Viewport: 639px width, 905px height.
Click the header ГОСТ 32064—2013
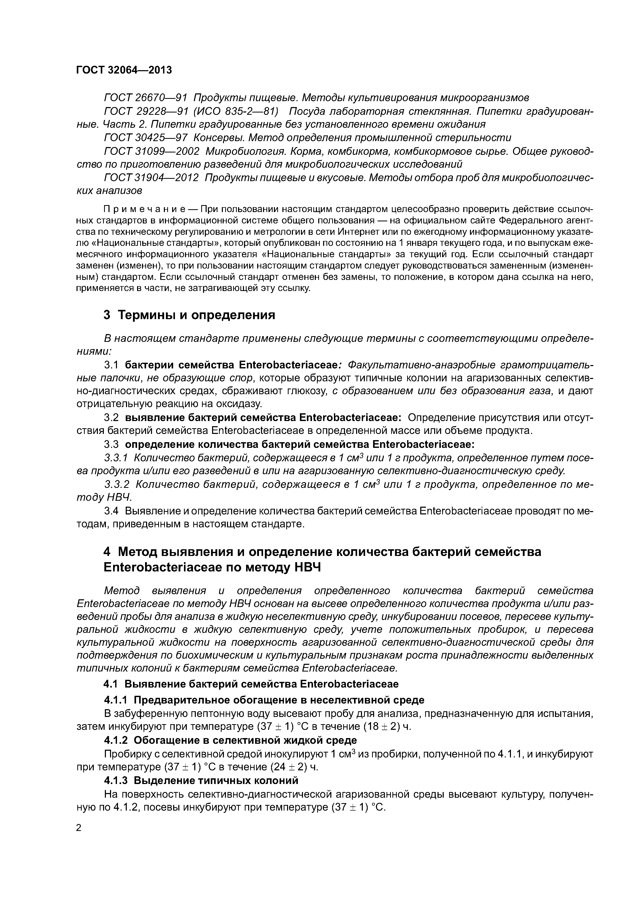(124, 70)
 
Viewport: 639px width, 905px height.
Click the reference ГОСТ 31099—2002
(151, 151)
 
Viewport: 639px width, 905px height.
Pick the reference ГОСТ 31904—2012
(151, 178)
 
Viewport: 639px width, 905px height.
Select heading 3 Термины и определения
(189, 315)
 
